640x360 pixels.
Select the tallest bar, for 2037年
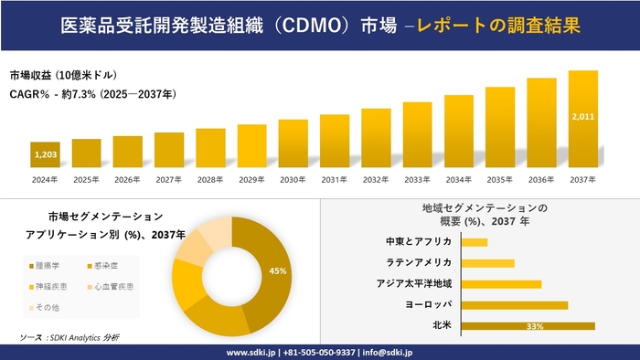(583, 119)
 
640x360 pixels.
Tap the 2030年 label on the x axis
(293, 179)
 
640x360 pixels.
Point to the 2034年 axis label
(459, 179)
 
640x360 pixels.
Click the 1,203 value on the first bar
(45, 155)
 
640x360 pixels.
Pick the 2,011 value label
(582, 118)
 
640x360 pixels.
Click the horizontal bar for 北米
(528, 325)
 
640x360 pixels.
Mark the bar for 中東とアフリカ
(475, 242)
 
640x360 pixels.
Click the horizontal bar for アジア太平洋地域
(502, 284)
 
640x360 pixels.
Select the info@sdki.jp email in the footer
(388, 352)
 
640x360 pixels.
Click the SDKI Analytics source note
(69, 338)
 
